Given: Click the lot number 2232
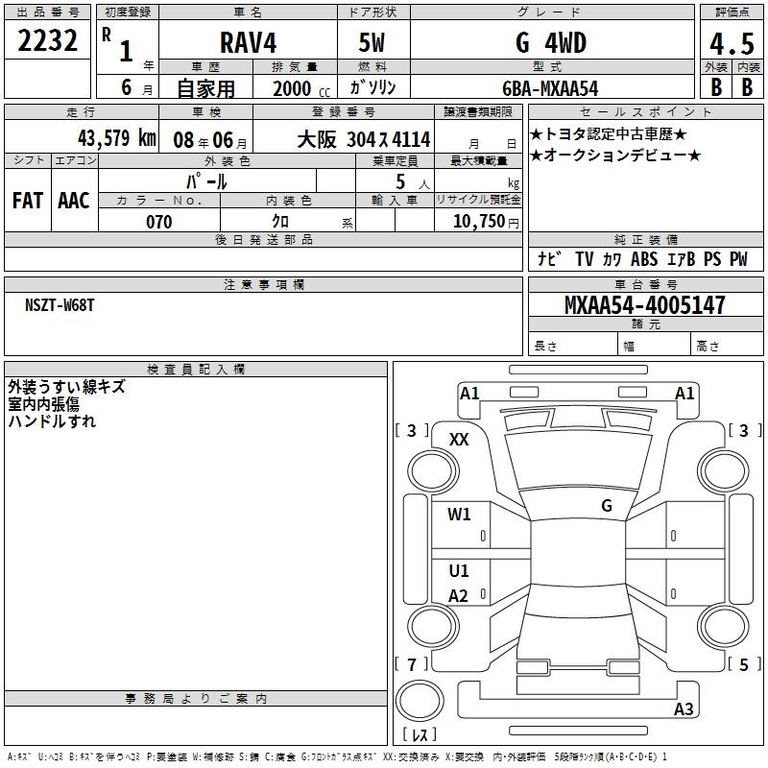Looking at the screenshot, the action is [47, 40].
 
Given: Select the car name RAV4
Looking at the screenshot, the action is [249, 42].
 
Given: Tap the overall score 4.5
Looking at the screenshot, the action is [732, 43].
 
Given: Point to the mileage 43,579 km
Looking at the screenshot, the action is [116, 137].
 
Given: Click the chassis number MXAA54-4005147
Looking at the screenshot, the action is [645, 305].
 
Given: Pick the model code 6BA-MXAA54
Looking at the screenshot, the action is [550, 88].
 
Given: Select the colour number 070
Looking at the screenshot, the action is [159, 222].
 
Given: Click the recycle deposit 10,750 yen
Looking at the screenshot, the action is [486, 222].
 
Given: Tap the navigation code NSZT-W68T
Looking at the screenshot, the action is [60, 305].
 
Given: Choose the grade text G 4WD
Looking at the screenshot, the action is [551, 42].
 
